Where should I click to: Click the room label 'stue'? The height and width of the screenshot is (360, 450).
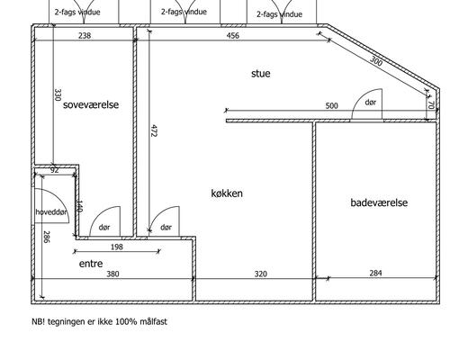coord(261,74)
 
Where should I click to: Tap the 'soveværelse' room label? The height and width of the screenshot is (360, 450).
coord(91,104)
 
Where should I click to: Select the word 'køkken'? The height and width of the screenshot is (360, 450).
coord(227,193)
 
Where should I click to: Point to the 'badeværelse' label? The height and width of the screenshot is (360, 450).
coord(379,202)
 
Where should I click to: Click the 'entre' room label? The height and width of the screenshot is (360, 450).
coord(91,264)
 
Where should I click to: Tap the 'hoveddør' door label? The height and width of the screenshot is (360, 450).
coord(51,212)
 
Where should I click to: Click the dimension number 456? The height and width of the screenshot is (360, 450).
coord(233,36)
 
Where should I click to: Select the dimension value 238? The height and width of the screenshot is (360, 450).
coord(85,36)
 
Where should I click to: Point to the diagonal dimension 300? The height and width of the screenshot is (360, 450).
coord(376,61)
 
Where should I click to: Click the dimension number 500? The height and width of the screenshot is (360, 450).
coord(331,105)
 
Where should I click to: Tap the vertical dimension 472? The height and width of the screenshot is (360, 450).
coord(153,130)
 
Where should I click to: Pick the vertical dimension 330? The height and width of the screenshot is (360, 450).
coord(58,94)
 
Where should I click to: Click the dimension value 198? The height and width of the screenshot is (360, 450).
coord(117,247)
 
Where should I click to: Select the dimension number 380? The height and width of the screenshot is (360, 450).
coord(112,274)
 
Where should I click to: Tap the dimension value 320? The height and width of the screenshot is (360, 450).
coord(260,274)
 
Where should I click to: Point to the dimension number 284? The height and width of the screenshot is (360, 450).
coord(375,273)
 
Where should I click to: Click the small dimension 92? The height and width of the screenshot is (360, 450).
coord(54,170)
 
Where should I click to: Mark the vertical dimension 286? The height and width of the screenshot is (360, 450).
coord(47,237)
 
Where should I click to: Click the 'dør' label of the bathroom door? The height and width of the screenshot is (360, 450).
coord(371,103)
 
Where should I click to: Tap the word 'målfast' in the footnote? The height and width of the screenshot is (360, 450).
coord(153,321)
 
